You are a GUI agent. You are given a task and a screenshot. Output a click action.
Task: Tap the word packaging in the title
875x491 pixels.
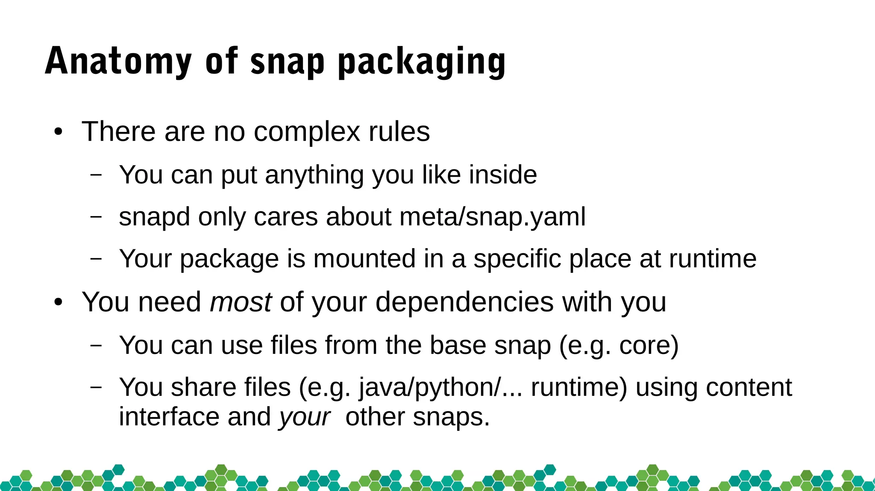pyautogui.click(x=422, y=62)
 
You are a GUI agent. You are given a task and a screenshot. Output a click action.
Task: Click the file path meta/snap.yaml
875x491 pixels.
pyautogui.click(x=492, y=217)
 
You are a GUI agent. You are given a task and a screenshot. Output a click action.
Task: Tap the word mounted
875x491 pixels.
pyautogui.click(x=364, y=258)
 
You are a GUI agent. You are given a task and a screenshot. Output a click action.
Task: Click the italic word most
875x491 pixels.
pyautogui.click(x=241, y=302)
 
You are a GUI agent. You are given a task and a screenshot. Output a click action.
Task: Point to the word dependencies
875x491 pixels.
pyautogui.click(x=464, y=302)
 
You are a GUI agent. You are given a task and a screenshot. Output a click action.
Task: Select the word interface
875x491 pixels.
pyautogui.click(x=169, y=416)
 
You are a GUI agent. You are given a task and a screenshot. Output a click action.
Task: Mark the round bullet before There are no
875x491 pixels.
pyautogui.click(x=58, y=132)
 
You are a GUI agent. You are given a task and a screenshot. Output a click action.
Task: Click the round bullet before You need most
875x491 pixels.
pyautogui.click(x=58, y=302)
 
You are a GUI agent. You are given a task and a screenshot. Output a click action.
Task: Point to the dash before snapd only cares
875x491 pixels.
pyautogui.click(x=97, y=216)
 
